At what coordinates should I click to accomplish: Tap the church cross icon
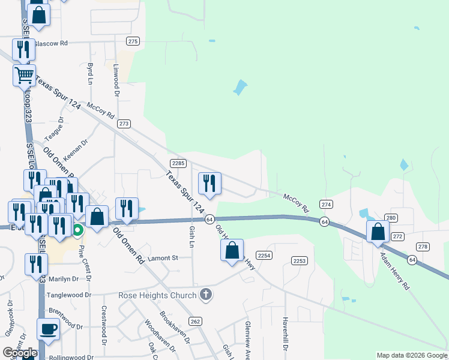point(206,294)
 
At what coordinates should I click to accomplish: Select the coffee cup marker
point(48,329)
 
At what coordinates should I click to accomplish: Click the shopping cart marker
point(24,76)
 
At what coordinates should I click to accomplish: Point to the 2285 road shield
point(178,163)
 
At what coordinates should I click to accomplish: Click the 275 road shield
point(133,41)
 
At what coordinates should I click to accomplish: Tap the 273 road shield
point(124,124)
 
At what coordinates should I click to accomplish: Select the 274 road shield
point(326,204)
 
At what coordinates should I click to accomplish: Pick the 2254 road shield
point(265,256)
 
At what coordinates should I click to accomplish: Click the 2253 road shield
point(300,260)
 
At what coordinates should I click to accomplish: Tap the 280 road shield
point(391,218)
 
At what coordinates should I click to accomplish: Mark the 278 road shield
point(423,247)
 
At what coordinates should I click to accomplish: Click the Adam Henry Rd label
point(394,271)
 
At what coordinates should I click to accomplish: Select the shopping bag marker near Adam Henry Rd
point(378,232)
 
